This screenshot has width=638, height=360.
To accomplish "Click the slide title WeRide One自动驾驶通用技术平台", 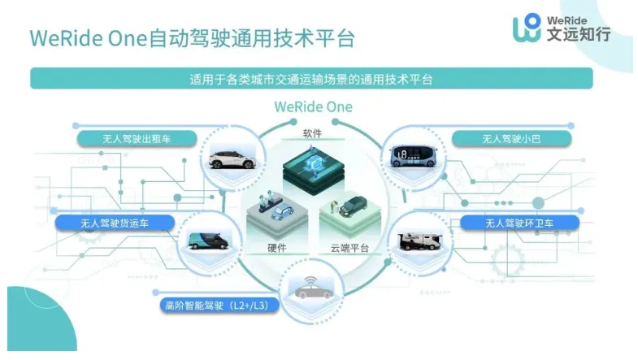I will coord(192,37).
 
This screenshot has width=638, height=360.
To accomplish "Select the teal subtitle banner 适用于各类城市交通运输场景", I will coord(311,79).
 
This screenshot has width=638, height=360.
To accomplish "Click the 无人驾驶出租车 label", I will coord(137,138).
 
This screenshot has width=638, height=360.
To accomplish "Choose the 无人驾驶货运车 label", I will coord(114,222).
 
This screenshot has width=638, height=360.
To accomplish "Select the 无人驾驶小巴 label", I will coord(503,138).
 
